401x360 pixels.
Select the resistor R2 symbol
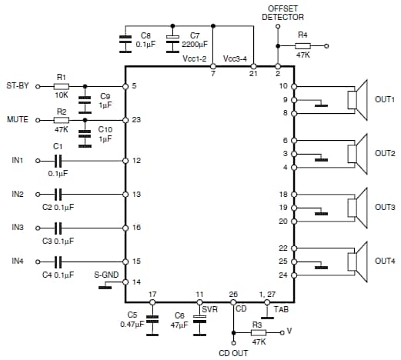[61, 120]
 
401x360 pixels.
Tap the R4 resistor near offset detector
[303, 46]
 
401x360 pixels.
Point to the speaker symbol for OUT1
[355, 100]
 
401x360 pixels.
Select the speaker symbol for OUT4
[355, 260]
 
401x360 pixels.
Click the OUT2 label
[385, 153]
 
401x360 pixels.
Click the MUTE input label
[18, 120]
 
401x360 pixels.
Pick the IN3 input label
[17, 228]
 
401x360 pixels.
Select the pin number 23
[136, 120]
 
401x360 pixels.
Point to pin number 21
[252, 75]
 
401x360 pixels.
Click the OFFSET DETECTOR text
[282, 12]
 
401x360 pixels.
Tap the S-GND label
[105, 273]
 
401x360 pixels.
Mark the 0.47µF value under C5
[132, 324]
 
